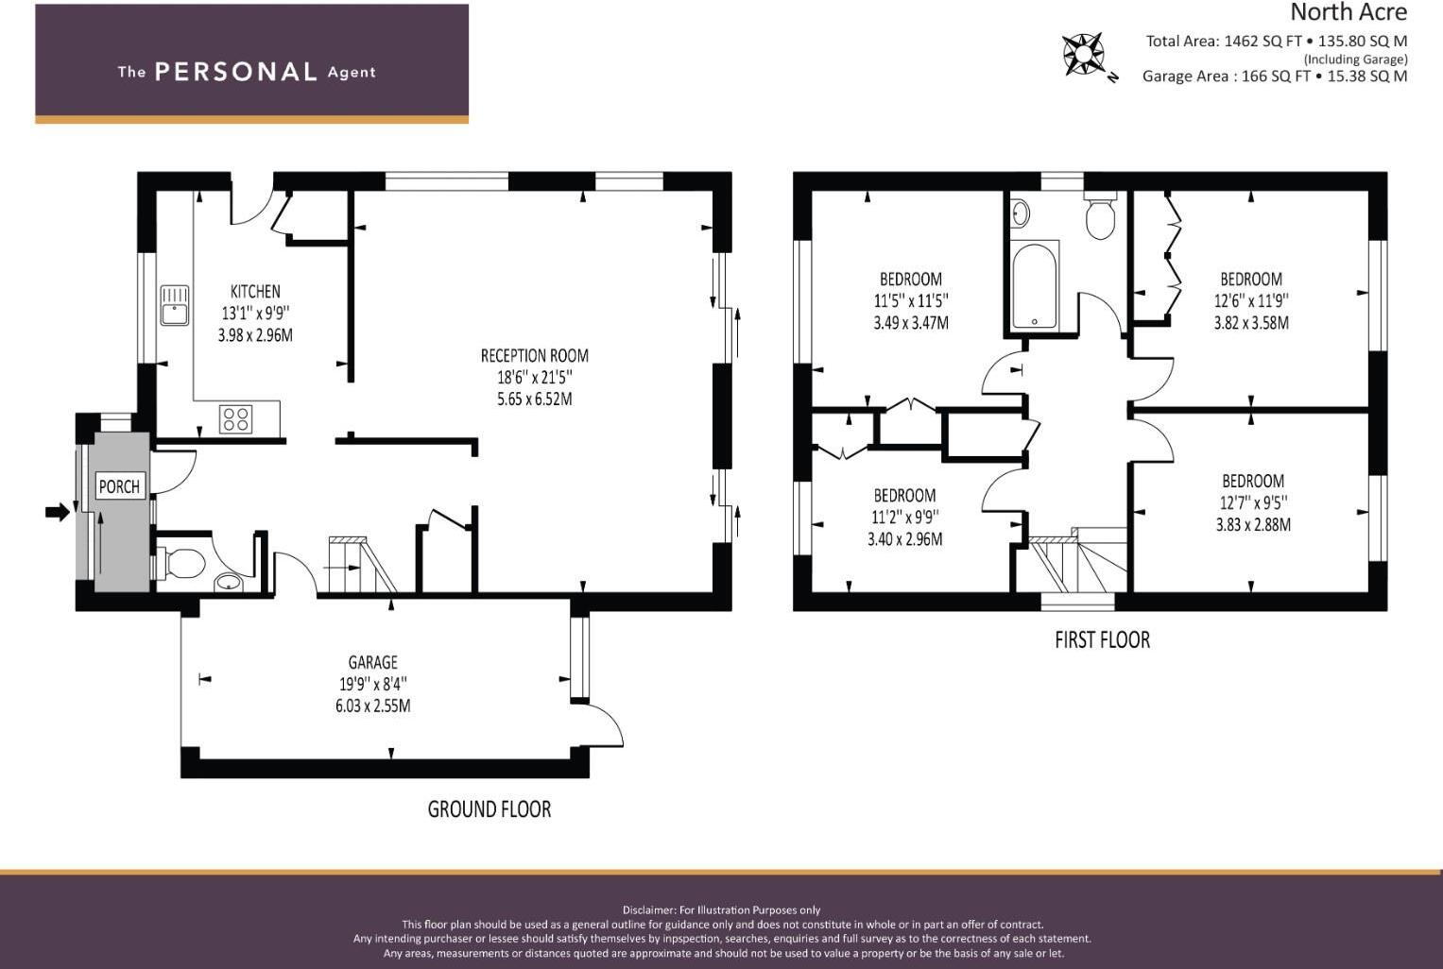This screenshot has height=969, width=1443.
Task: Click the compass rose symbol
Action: [x=1084, y=55]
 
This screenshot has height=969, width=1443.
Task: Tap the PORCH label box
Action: [x=119, y=486]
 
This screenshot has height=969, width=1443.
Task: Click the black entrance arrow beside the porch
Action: [x=58, y=512]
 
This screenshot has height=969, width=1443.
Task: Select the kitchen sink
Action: [x=175, y=305]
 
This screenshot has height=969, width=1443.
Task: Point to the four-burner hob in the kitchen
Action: [x=235, y=418]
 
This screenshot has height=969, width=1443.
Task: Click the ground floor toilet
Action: [x=184, y=564]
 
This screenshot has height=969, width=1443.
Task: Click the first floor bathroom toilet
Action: [x=1100, y=217]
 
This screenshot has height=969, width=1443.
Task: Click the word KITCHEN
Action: [x=255, y=292]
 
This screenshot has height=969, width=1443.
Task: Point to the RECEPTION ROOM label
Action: [x=534, y=356]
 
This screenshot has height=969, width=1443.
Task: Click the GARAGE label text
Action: [x=372, y=663]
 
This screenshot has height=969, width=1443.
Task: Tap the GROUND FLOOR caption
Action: [x=489, y=809]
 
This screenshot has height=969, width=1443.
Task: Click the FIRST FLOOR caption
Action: [x=1102, y=640]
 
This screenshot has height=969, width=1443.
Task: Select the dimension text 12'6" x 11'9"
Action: [x=1251, y=301]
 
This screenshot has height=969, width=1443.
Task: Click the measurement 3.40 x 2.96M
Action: [x=904, y=540]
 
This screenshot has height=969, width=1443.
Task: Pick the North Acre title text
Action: [x=1348, y=12]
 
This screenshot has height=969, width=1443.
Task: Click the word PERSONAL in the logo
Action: [x=235, y=72]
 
